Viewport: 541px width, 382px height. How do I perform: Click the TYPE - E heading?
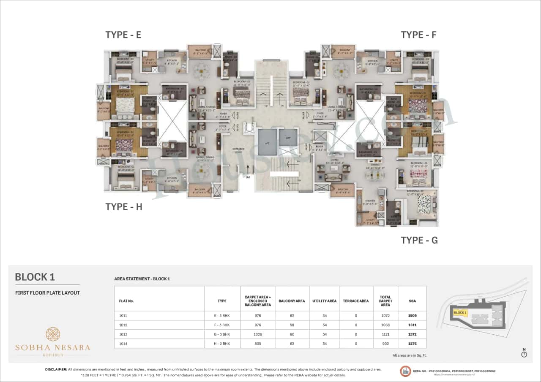123,35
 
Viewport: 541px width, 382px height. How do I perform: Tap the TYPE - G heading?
419,241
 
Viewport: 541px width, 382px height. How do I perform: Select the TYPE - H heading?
123,206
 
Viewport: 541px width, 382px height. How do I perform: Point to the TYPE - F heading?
418,35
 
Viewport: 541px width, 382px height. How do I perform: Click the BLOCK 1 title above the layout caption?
35,277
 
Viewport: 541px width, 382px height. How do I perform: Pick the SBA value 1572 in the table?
412,334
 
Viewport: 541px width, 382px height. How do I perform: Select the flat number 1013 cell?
123,334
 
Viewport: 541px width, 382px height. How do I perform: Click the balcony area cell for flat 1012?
292,325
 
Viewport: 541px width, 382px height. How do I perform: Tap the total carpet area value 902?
385,344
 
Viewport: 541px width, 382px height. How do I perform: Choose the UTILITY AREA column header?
324,301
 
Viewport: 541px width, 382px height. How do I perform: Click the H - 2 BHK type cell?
222,344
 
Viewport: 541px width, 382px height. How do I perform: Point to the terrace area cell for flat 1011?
356,315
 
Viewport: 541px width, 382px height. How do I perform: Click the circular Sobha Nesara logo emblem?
53,334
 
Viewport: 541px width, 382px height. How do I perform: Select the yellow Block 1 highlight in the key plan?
459,313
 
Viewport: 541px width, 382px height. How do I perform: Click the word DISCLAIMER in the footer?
56,369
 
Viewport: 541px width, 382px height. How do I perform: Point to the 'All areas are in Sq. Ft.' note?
409,355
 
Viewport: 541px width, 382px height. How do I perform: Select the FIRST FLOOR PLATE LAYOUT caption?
47,293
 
